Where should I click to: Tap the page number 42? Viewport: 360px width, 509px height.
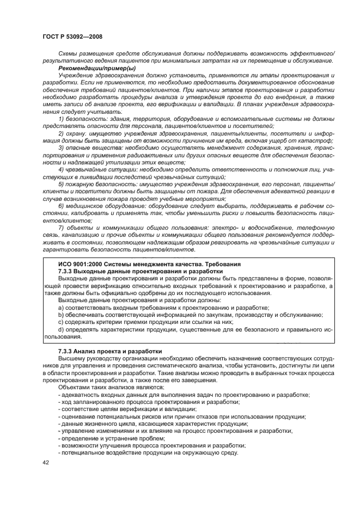coord(46,462)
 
